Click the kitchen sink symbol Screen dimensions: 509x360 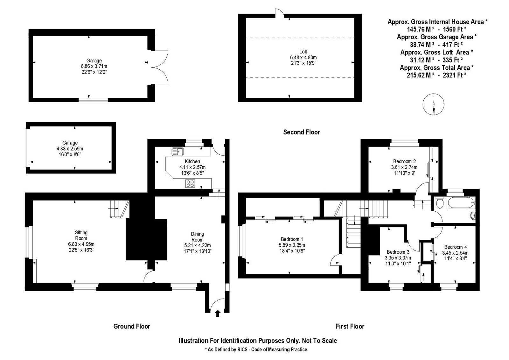click(178, 152)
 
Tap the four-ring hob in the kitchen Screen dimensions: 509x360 click(190, 184)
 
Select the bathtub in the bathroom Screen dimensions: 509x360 click(461, 203)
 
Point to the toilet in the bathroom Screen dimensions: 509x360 click(440, 203)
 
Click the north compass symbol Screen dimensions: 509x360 click(434, 104)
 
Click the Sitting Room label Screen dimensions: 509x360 click(81, 235)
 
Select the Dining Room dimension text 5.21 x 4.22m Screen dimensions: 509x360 click(197, 245)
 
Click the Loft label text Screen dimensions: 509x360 click(303, 52)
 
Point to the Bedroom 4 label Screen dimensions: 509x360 click(455, 247)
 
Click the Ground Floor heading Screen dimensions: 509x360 click(132, 327)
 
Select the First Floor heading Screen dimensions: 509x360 click(350, 327)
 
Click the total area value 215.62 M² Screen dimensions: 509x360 click(420, 75)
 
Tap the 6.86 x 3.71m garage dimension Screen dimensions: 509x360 click(94, 67)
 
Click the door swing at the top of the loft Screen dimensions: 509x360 click(279, 13)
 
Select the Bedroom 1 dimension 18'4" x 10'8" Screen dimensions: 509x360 click(292, 251)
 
